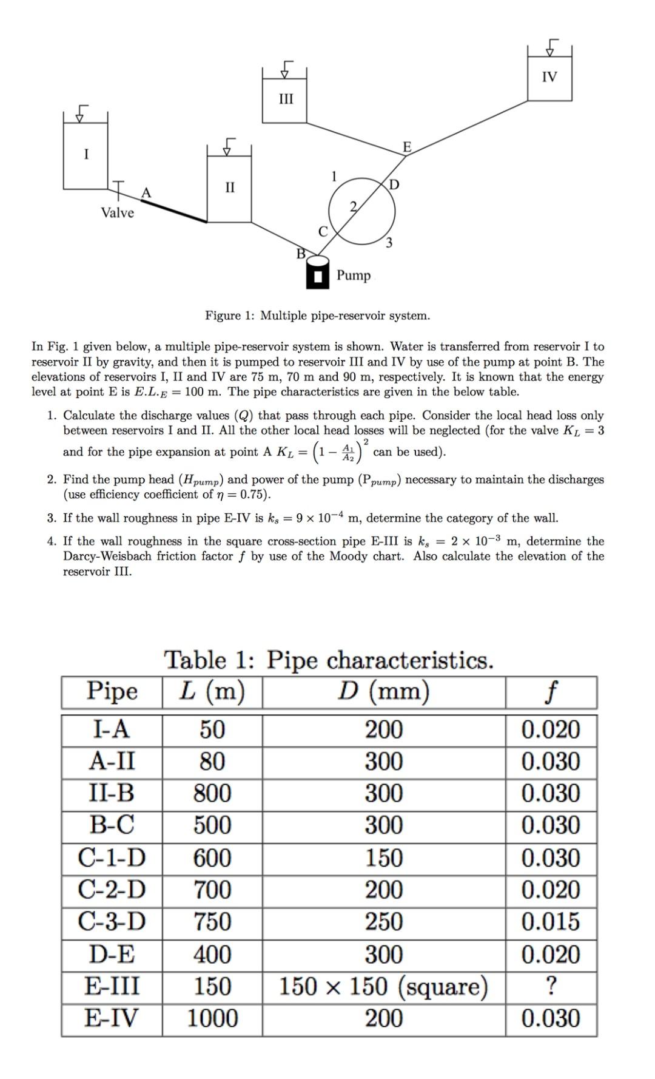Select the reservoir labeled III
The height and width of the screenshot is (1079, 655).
[285, 99]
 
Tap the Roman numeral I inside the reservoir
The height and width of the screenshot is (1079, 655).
[86, 154]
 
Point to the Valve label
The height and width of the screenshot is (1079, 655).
[117, 212]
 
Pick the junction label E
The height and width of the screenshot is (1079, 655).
[407, 147]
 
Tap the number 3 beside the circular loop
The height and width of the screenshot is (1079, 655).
[389, 243]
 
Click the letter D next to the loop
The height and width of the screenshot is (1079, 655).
[394, 184]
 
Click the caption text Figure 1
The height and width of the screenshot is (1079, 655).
[317, 316]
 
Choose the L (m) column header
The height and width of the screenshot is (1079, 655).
[212, 691]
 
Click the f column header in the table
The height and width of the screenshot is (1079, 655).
[551, 691]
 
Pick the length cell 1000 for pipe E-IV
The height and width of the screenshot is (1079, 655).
[212, 1018]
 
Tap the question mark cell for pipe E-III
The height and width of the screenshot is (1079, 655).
[551, 986]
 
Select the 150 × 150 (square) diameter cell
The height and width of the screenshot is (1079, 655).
[383, 986]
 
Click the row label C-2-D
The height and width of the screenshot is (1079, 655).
[112, 890]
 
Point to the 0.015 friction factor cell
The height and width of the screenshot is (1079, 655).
[551, 921]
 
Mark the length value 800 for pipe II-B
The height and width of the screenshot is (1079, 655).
[212, 793]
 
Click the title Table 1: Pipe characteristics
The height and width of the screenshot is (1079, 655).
[329, 660]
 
